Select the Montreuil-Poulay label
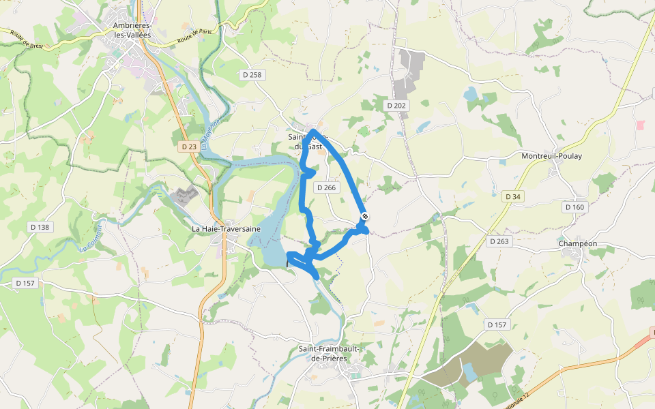(x=552, y=156)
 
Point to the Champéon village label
(x=577, y=243)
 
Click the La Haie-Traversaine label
(x=227, y=229)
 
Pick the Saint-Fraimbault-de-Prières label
(x=329, y=354)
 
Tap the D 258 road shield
(x=252, y=74)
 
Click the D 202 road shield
(x=396, y=106)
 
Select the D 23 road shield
(x=189, y=147)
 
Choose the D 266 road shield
(x=326, y=187)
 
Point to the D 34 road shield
(x=513, y=196)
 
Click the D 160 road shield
(x=575, y=207)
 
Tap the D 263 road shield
(x=500, y=241)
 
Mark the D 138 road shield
(x=40, y=226)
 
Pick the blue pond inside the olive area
(x=469, y=372)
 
